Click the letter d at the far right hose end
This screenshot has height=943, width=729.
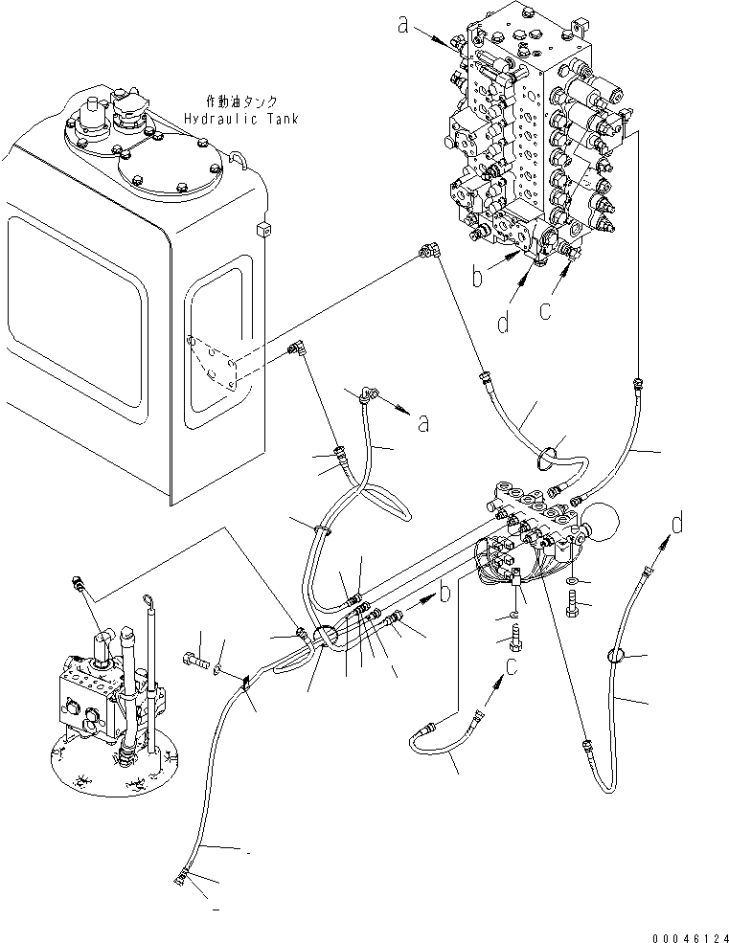click(677, 524)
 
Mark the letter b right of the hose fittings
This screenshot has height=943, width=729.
click(444, 594)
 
